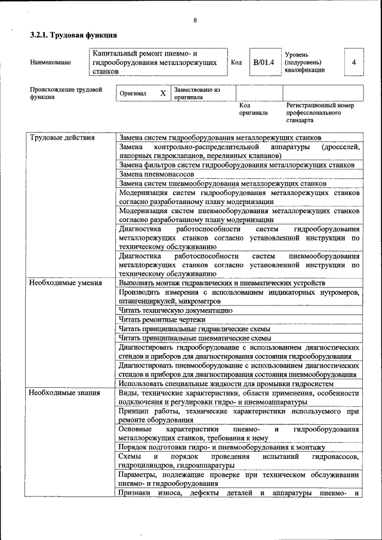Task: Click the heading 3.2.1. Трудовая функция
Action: (x=73, y=36)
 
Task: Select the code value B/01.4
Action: (x=263, y=62)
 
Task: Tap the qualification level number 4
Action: (x=354, y=62)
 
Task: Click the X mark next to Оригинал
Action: (x=163, y=94)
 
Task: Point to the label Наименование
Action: (x=50, y=62)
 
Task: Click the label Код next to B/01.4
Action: (x=236, y=62)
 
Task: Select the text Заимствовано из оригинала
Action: (x=198, y=94)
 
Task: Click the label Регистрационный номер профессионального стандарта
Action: (x=319, y=112)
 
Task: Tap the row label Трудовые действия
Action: (x=62, y=138)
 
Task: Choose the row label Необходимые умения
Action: (x=66, y=282)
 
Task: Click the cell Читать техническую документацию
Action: (x=175, y=310)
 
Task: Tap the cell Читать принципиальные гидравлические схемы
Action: (x=195, y=329)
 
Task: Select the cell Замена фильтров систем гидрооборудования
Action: (x=237, y=165)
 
